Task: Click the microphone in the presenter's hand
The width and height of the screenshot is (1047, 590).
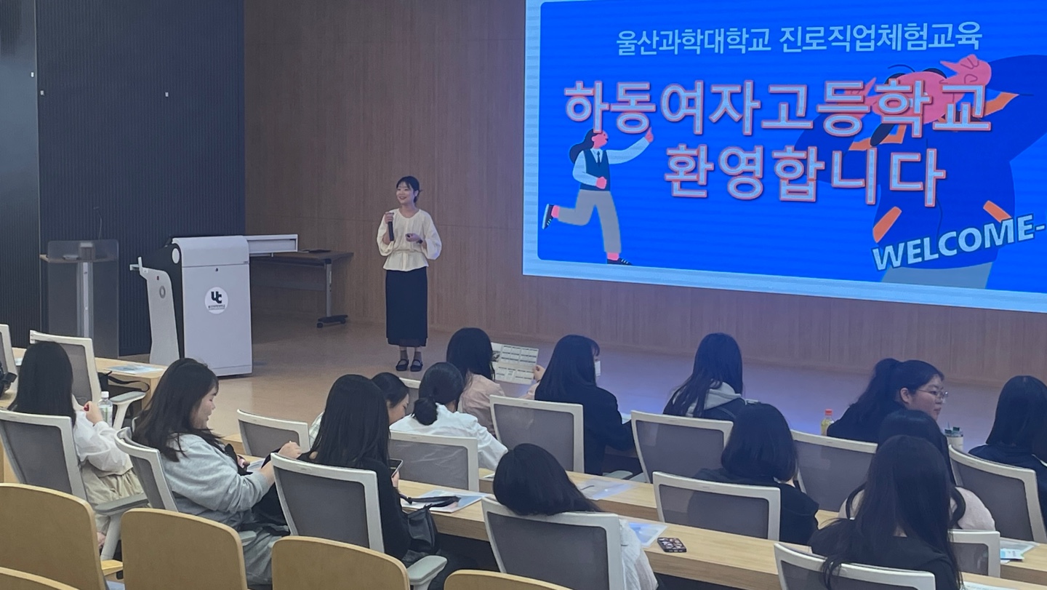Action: coord(390,228)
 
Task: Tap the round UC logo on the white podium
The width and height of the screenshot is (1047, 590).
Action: coord(217,300)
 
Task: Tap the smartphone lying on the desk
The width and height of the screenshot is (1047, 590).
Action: coord(671,543)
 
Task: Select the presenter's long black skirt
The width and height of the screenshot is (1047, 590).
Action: coord(406,306)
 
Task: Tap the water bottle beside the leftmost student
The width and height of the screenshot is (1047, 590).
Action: coord(105,408)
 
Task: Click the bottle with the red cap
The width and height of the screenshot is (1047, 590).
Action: coord(827,422)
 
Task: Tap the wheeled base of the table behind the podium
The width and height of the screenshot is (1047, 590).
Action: coord(332,320)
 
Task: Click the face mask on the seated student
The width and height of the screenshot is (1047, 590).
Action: coord(597,367)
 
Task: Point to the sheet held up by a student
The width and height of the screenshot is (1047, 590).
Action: coord(515,363)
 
